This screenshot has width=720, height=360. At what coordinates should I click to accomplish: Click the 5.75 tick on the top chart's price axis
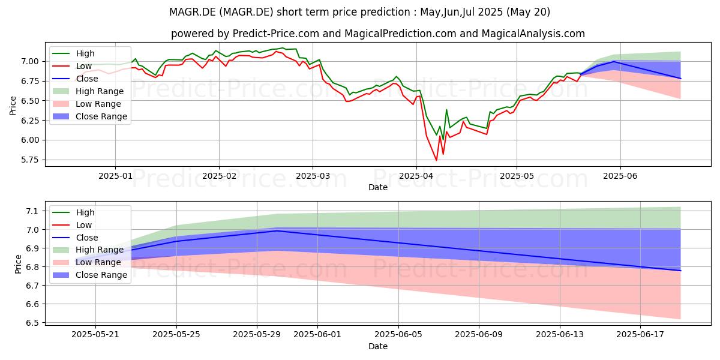coord(30,160)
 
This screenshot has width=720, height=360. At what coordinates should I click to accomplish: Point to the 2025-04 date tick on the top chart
coord(416,176)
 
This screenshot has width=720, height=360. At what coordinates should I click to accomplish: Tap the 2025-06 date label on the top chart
coord(620,176)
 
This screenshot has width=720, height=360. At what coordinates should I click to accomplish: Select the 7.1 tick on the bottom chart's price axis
coord(33,211)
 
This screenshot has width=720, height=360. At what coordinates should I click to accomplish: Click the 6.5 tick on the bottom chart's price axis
coord(33,323)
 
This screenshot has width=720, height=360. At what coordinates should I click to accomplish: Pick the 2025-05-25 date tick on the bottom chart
coord(176,335)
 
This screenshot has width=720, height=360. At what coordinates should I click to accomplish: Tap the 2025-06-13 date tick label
coord(560,335)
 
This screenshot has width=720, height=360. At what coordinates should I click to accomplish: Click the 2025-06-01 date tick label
coord(317,335)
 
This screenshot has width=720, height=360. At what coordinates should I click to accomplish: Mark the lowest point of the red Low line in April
coord(436,160)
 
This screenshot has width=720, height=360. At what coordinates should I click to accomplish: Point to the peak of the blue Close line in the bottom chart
coord(277,231)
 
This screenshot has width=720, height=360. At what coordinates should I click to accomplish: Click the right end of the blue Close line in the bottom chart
coord(680,271)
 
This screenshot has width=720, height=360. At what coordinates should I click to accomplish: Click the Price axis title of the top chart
coord(13,106)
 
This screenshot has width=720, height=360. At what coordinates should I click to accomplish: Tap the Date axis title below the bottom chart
coord(377,347)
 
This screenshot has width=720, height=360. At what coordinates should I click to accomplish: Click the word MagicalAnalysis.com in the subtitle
coord(533,34)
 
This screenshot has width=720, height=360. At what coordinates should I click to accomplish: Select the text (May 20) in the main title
coord(528,12)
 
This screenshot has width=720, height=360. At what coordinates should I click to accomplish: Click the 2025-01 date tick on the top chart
coord(115,176)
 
